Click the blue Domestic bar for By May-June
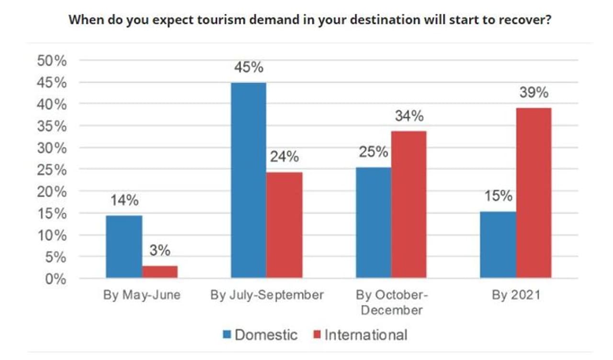click(124, 247)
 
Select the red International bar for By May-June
click(160, 272)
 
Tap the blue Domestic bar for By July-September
click(249, 180)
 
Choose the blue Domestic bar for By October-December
click(373, 223)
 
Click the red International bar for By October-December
click(409, 204)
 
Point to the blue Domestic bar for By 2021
click(498, 245)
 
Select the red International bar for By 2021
click(534, 193)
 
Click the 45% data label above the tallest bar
click(249, 67)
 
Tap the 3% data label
click(160, 250)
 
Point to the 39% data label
click(534, 92)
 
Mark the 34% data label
click(409, 115)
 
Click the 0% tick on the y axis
click(55, 279)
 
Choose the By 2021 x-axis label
click(516, 295)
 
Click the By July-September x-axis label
click(267, 295)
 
